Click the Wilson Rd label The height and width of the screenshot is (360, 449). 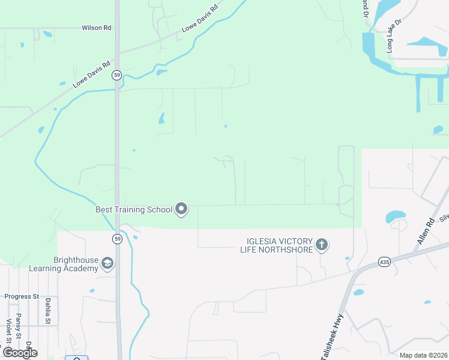(97, 28)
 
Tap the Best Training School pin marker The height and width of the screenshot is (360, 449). (181, 209)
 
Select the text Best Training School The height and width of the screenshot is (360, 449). (133, 210)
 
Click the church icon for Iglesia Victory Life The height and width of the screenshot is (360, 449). (322, 244)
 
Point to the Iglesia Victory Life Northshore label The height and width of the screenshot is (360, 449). (277, 245)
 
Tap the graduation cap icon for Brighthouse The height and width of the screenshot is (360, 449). (107, 264)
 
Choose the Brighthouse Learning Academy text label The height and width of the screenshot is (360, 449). (75, 264)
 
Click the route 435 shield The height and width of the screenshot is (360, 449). (385, 262)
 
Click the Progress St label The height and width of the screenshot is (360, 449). (22, 296)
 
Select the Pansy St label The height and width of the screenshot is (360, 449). (19, 325)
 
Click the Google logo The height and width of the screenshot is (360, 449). (20, 352)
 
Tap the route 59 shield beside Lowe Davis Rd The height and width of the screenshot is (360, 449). (116, 75)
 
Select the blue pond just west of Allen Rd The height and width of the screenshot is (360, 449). (396, 216)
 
